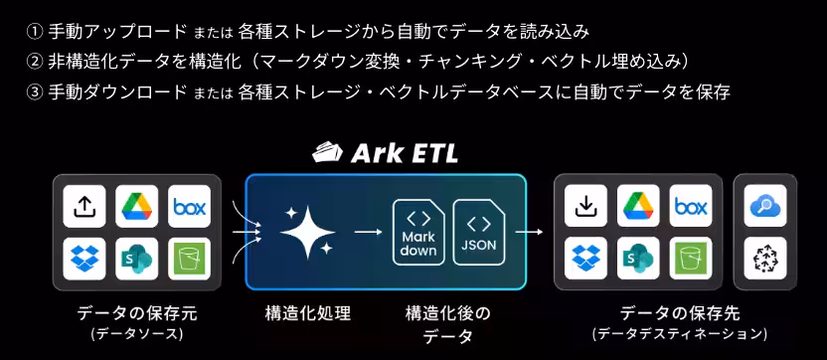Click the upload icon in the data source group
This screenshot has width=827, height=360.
tap(84, 207)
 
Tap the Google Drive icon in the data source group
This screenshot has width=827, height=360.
tap(136, 207)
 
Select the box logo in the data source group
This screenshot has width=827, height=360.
tap(188, 207)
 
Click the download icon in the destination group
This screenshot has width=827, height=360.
tap(586, 207)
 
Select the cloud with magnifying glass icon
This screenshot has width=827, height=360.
tap(764, 207)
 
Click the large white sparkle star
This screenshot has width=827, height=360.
tap(305, 232)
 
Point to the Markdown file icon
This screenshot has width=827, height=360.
tap(417, 232)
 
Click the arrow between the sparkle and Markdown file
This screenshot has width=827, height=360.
tap(367, 232)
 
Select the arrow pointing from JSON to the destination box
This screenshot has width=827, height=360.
tap(529, 232)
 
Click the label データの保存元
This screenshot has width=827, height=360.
tap(137, 313)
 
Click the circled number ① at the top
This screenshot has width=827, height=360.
tap(35, 31)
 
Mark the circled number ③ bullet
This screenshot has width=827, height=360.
tap(35, 92)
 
